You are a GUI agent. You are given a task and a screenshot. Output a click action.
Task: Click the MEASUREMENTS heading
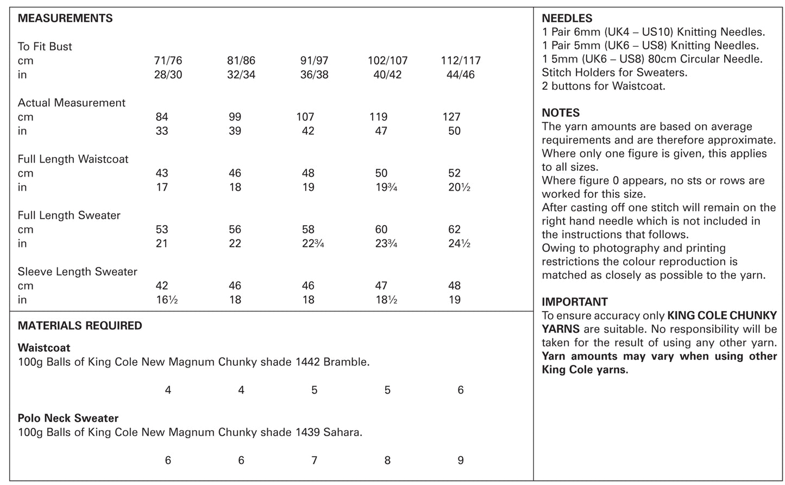click(x=65, y=18)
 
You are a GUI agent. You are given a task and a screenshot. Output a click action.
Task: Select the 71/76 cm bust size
click(x=168, y=60)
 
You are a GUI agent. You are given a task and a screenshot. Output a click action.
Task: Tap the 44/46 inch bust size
click(x=460, y=74)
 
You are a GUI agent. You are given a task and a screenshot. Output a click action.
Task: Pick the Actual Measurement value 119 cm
click(x=378, y=117)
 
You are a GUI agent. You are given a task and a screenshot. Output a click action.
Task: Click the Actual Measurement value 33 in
click(x=161, y=131)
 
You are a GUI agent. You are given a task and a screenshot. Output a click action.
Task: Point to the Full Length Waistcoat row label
click(x=73, y=159)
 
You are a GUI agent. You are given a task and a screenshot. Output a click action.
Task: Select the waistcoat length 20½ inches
click(x=459, y=188)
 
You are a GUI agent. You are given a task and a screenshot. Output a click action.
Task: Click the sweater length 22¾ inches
click(x=313, y=244)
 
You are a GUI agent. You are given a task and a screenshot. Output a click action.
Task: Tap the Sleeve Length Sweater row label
click(x=77, y=272)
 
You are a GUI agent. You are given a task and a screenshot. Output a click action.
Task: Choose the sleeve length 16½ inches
click(x=167, y=300)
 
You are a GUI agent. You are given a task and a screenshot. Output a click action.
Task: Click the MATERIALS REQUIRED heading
click(x=80, y=326)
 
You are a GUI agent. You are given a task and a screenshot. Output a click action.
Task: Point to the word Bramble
click(x=346, y=362)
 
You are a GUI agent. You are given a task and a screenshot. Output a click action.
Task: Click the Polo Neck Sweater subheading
click(x=68, y=418)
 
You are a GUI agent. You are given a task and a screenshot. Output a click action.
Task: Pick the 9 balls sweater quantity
click(x=461, y=461)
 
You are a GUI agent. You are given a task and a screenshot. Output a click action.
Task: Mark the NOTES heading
click(x=561, y=113)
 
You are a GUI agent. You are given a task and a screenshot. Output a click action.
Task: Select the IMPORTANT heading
click(x=575, y=302)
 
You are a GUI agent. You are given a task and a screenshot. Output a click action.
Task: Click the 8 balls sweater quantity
click(x=387, y=461)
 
